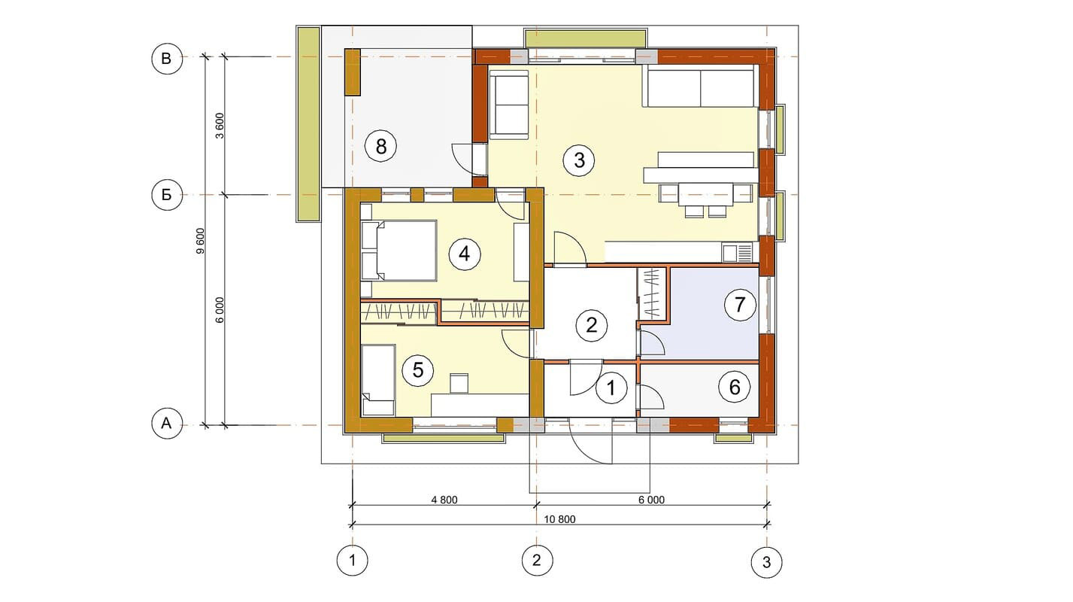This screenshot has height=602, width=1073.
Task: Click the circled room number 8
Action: tap(380, 146)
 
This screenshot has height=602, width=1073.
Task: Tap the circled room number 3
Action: tap(579, 160)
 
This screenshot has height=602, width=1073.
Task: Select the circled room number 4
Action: tap(464, 254)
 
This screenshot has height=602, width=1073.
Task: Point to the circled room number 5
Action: tap(418, 370)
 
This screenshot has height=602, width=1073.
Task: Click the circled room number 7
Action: tap(740, 304)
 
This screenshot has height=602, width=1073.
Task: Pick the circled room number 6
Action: tap(735, 387)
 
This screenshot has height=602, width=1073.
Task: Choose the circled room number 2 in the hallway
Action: tap(592, 325)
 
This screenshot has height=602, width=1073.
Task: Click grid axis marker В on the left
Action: tap(167, 59)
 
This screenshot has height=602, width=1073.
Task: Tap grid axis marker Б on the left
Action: tap(167, 195)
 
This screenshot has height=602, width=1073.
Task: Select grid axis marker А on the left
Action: tap(167, 423)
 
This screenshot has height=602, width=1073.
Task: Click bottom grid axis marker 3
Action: tap(766, 561)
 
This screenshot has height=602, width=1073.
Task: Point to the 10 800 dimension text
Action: tap(559, 519)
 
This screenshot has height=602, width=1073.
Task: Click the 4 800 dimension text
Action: tap(444, 500)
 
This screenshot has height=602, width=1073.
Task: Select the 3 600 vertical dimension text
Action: tap(220, 126)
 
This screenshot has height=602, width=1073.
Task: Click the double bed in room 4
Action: tap(399, 250)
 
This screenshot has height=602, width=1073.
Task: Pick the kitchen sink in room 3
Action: tap(738, 253)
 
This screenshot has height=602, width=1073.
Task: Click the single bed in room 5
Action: tap(378, 380)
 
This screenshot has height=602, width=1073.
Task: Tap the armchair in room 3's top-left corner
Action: tap(509, 105)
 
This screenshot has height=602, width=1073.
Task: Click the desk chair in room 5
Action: tap(459, 384)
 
